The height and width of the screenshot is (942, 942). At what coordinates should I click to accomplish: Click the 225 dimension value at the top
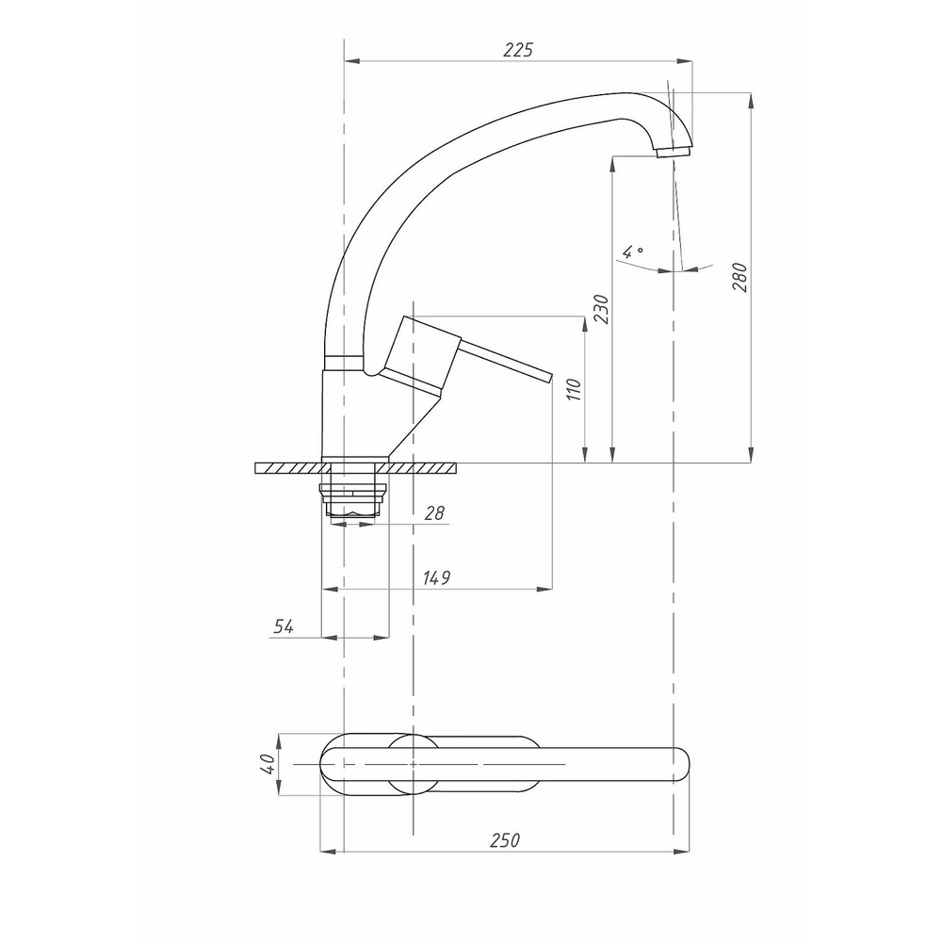click(x=518, y=49)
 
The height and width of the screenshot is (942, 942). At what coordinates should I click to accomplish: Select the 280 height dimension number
click(x=739, y=278)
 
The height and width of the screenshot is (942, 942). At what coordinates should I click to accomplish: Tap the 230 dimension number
click(x=601, y=309)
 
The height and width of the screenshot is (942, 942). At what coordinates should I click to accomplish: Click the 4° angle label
click(x=632, y=252)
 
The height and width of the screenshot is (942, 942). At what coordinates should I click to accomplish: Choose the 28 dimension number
click(x=433, y=512)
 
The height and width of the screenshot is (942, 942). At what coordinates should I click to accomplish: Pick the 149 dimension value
click(x=436, y=578)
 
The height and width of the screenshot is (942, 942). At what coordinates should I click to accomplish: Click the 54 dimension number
click(x=284, y=626)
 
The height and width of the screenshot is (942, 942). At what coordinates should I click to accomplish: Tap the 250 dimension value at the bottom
click(x=505, y=840)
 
